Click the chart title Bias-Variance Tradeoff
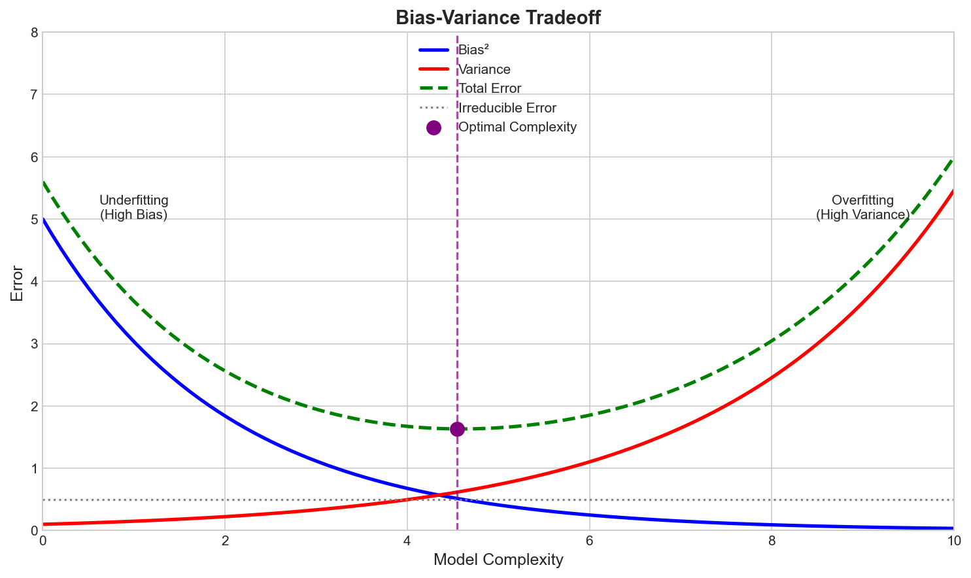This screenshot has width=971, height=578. pos(498,18)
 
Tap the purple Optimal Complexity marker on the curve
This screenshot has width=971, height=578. pos(457,429)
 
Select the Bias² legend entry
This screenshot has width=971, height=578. pos(474,50)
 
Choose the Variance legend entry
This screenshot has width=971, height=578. pos(484,69)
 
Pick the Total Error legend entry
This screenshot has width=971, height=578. pos(490,88)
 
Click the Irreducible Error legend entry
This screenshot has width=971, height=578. pos(507,108)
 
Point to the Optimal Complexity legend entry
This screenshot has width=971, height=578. pos(517,127)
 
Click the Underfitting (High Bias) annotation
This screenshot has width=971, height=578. pos(134,207)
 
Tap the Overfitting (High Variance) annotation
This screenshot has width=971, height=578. pos(862,207)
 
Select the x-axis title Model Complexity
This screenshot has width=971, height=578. pos(498,560)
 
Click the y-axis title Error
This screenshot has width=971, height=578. pos(18,283)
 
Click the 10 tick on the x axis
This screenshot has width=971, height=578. pos(954,541)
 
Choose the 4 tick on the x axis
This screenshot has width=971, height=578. pos(407,541)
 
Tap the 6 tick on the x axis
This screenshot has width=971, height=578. pos(590,541)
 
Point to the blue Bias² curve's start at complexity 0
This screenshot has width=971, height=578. pos(43,219)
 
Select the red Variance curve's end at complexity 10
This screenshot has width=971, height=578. pos(953,191)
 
